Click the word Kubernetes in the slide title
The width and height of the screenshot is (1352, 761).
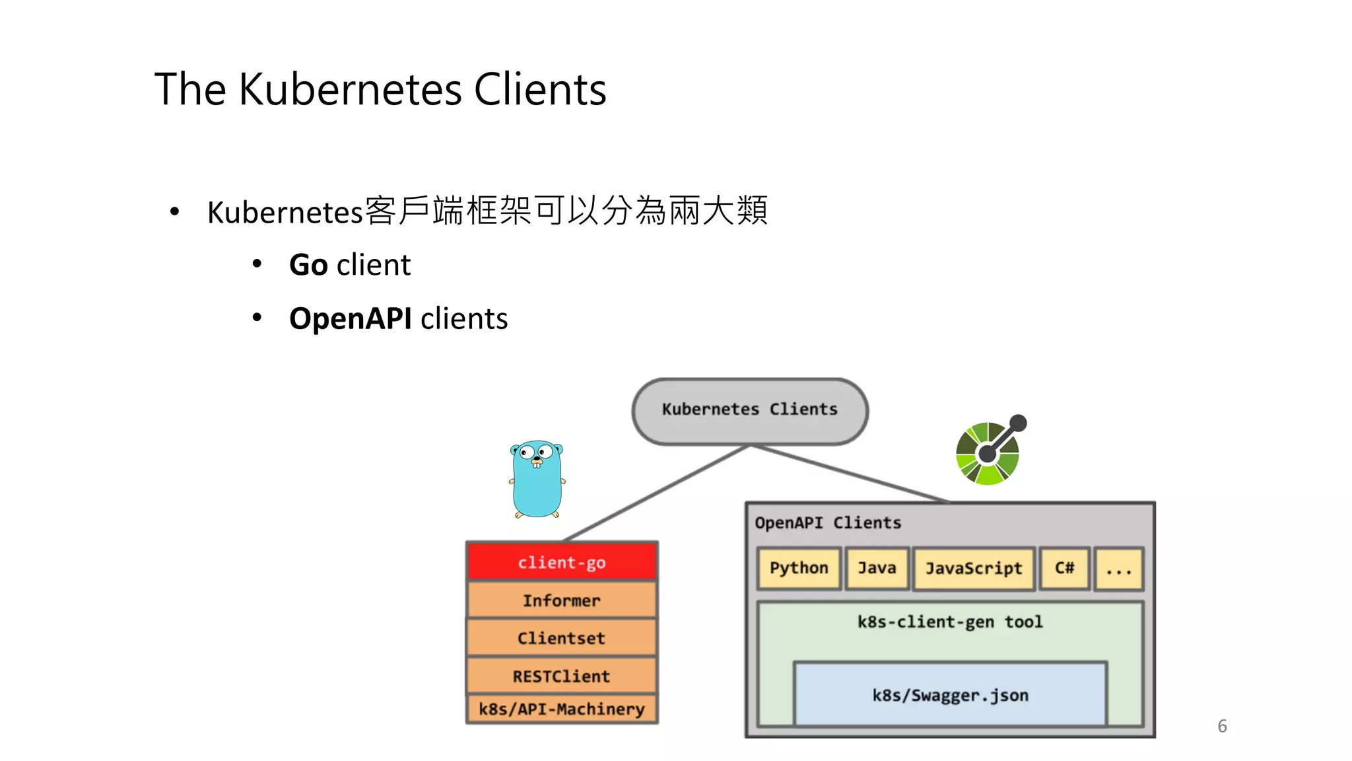[x=350, y=89]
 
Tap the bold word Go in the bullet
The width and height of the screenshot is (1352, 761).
[x=308, y=265]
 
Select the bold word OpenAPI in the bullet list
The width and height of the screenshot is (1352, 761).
[x=351, y=318]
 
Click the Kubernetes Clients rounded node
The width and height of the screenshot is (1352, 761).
[x=749, y=410]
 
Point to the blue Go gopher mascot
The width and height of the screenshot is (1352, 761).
[x=537, y=480]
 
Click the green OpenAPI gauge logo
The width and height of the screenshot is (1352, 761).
[x=988, y=453]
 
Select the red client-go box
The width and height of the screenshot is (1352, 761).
[x=562, y=562]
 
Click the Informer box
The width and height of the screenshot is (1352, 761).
[x=562, y=600]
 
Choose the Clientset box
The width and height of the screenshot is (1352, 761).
[x=562, y=638]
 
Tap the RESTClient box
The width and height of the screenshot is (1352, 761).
[x=562, y=676]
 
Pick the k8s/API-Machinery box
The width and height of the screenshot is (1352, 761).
[x=562, y=709]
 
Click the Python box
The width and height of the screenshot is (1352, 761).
[x=799, y=568]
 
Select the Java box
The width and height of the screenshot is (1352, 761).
[x=877, y=568]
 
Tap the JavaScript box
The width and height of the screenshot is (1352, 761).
[x=974, y=568]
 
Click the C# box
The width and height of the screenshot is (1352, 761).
[x=1064, y=568]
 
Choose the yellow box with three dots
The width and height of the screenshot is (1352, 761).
[x=1118, y=569]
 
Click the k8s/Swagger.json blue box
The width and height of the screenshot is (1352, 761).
[x=950, y=695]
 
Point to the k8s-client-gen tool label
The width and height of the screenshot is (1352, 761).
[x=950, y=622]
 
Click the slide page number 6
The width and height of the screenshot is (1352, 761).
[x=1222, y=726]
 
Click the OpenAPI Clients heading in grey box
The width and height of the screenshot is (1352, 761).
[x=828, y=523]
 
